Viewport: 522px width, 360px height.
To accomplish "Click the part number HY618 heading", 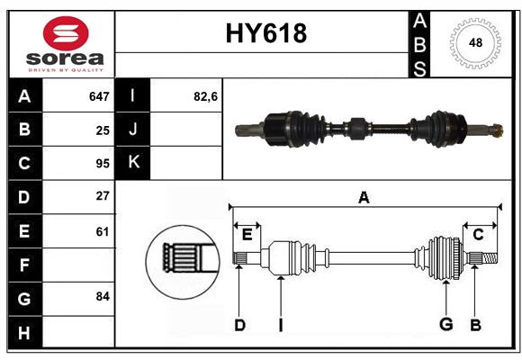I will (x=265, y=34).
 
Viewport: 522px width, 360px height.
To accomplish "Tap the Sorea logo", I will (x=66, y=44).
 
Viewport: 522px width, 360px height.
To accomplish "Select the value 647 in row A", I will (x=99, y=96).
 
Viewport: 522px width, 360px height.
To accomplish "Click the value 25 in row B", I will (x=103, y=130).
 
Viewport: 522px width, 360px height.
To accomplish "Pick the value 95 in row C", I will (x=103, y=164).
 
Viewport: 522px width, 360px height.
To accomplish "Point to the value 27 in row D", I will (x=103, y=197).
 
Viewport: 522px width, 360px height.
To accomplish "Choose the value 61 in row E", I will (x=103, y=231).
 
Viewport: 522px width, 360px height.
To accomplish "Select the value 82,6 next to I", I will (x=206, y=96).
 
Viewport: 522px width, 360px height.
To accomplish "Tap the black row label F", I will (x=24, y=265).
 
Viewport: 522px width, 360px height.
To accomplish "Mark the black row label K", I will (x=134, y=163).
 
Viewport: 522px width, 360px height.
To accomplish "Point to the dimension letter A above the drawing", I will (x=364, y=197).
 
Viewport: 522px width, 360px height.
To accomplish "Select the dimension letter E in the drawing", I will (x=247, y=235).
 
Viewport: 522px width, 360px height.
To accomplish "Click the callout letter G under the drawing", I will (x=445, y=325).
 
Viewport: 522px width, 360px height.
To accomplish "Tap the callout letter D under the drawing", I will (x=239, y=325).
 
